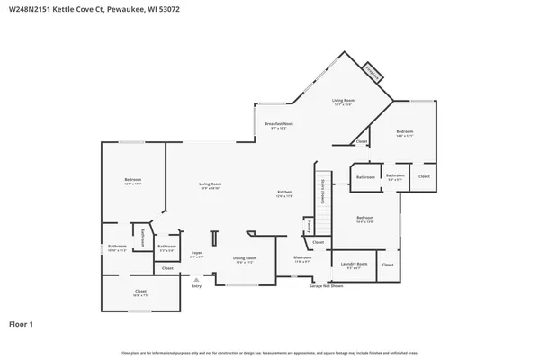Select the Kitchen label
pos(283,193)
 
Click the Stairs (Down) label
pos(322,193)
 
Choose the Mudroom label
pos(302,257)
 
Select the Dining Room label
pos(245,259)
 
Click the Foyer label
pos(195,254)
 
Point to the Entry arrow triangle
pos(195,279)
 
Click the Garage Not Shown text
pos(327,285)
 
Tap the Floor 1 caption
pos(21,323)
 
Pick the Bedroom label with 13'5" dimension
pos(133,180)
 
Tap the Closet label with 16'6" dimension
pos(140,291)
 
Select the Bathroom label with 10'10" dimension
pos(117,246)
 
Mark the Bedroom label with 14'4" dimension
pos(404,132)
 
